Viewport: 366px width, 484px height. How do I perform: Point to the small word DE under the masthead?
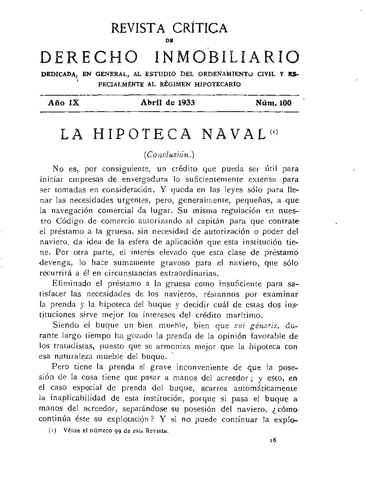(169, 39)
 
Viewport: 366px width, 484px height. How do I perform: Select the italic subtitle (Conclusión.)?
(169, 155)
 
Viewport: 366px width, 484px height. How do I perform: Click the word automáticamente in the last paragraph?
(264, 388)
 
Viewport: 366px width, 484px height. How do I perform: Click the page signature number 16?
(273, 441)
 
